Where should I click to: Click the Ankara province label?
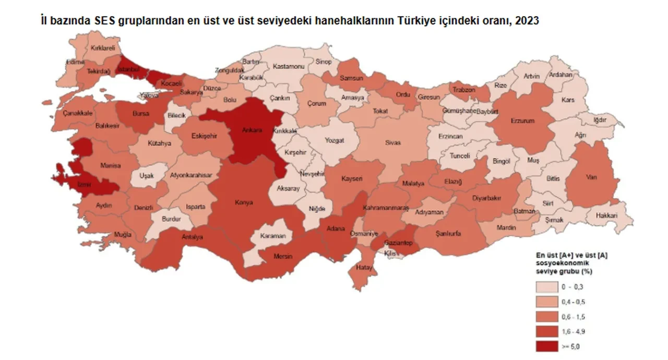pos(252,130)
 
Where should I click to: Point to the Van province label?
pos(591,177)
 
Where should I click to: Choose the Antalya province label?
pos(192,236)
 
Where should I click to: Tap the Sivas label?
pos(392,141)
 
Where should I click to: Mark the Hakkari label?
pos(608,215)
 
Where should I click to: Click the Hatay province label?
pos(362,268)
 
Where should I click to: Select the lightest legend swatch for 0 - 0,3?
pos(550,287)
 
